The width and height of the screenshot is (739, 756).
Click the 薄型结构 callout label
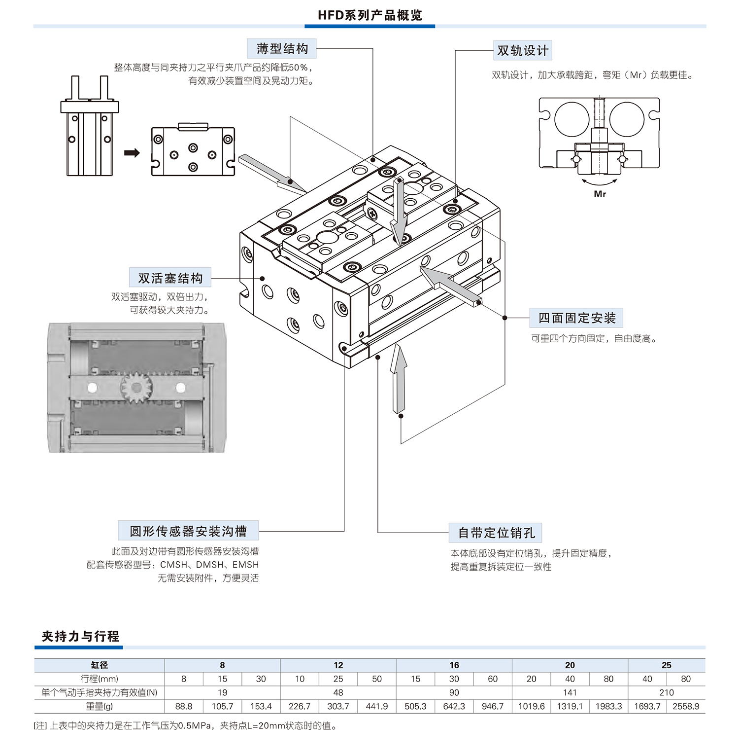[x=282, y=49]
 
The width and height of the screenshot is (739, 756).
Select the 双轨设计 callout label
[x=522, y=51]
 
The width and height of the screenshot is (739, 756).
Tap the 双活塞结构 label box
[x=170, y=278]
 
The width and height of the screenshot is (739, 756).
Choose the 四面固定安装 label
[x=576, y=318]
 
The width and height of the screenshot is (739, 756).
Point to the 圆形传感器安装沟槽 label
[x=188, y=531]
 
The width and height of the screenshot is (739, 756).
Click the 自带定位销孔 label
[x=496, y=533]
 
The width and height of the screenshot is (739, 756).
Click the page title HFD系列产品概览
[x=369, y=15]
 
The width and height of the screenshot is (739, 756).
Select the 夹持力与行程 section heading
[x=80, y=636]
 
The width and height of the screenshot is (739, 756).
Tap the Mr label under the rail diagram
[x=600, y=194]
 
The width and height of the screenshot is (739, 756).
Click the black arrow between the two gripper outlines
[x=132, y=153]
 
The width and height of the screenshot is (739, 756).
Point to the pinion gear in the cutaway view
[x=136, y=387]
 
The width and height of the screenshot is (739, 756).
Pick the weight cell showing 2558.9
[x=686, y=706]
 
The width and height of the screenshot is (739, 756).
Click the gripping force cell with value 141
[x=570, y=692]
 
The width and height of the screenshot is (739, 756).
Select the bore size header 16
[x=454, y=665]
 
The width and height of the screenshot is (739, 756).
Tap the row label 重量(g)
[x=99, y=706]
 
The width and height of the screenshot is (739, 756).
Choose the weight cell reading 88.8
[x=184, y=706]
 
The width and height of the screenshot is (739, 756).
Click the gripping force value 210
[x=666, y=692]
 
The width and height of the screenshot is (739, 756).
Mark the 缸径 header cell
[x=99, y=665]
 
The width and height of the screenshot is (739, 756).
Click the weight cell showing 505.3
[x=415, y=706]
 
